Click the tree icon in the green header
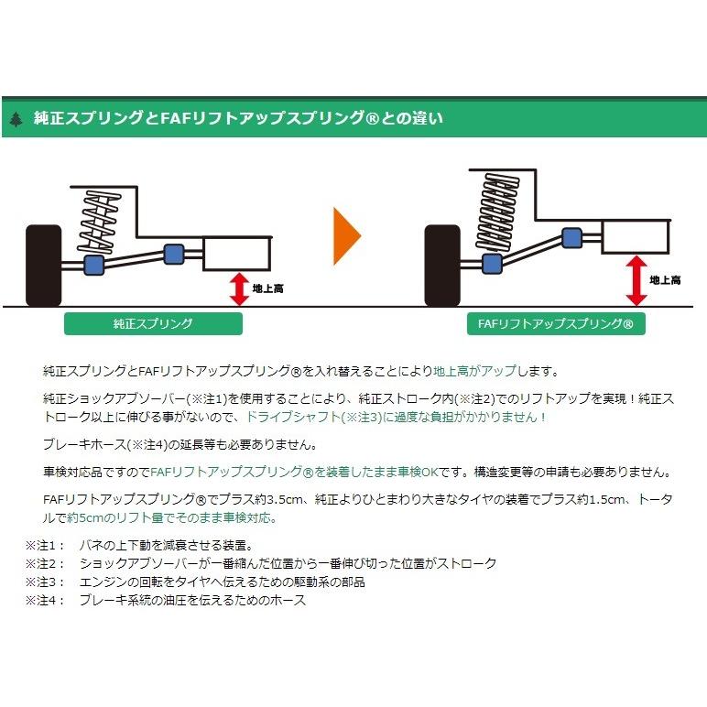click(16, 118)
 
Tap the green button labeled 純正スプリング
click(153, 323)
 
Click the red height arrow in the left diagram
click(239, 288)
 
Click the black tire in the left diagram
click(45, 263)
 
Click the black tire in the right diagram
click(442, 265)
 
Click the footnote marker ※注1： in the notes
click(40, 545)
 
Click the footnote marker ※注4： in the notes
click(40, 601)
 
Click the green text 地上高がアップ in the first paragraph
click(473, 372)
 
